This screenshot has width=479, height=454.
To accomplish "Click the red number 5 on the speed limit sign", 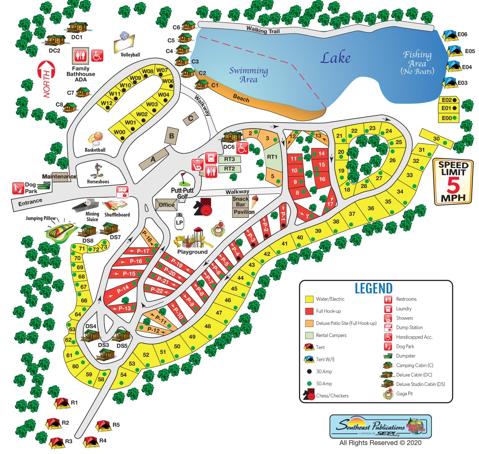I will [x=453, y=185].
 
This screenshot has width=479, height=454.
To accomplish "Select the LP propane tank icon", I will [x=179, y=221].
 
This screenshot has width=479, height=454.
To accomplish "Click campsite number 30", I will [x=436, y=139].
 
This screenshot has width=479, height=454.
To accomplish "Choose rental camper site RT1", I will [x=272, y=157].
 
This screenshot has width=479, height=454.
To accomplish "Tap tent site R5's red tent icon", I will [x=103, y=426].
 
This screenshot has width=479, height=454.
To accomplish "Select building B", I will [x=172, y=136].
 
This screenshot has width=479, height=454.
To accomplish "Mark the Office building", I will [x=166, y=205].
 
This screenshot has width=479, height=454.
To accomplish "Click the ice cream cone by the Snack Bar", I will [x=254, y=201].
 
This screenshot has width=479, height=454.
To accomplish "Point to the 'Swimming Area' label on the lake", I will [x=248, y=75].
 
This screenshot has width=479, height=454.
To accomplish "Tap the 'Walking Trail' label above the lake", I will [x=263, y=30].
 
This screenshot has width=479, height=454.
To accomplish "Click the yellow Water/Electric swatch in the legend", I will [x=309, y=299].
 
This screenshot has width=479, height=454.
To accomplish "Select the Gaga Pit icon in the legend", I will [x=388, y=394].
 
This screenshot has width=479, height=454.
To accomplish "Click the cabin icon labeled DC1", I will [x=77, y=27].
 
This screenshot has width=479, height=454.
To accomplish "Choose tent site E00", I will [x=449, y=118].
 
